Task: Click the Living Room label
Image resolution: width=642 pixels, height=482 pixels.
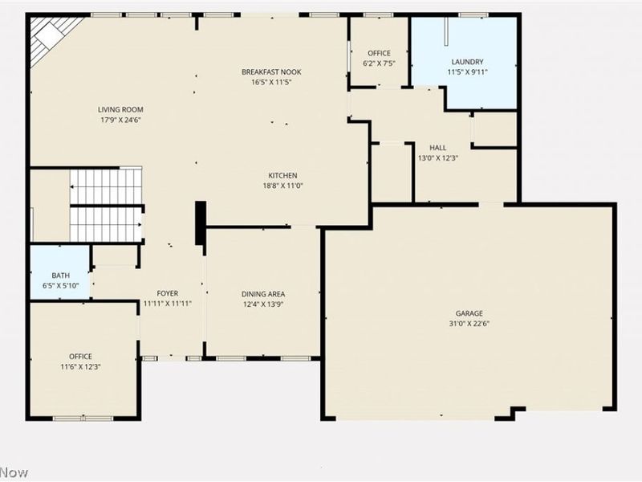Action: [120, 109]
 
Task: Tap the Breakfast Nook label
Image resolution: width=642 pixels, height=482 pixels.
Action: [271, 71]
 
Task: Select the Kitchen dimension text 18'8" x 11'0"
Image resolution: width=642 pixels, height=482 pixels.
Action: [283, 186]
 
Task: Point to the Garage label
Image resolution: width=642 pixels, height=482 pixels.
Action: [469, 313]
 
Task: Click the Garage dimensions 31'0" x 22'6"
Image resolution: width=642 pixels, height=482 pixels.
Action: [469, 324]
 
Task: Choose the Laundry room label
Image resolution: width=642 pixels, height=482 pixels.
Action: [467, 62]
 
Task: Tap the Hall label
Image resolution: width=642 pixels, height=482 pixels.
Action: [437, 148]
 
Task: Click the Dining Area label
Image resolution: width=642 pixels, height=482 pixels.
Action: [263, 294]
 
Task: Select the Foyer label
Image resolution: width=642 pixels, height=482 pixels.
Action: [168, 293]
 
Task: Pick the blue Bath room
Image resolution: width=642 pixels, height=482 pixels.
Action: [60, 272]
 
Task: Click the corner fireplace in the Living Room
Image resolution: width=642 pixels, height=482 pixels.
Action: [51, 38]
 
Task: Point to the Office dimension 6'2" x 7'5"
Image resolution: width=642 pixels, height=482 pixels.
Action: [379, 63]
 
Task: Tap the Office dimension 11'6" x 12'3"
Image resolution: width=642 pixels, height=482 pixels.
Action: [81, 367]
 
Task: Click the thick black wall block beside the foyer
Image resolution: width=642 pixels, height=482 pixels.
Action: [200, 223]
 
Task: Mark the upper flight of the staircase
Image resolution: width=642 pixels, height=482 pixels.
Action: [106, 186]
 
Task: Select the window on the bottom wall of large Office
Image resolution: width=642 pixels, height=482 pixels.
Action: [83, 419]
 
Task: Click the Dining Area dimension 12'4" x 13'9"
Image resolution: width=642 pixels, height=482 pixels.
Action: [263, 304]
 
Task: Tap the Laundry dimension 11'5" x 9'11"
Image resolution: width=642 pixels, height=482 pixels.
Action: [467, 72]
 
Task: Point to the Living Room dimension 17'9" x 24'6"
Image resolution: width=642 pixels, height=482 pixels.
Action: [120, 120]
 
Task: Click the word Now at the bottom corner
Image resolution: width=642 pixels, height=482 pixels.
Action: [14, 472]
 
